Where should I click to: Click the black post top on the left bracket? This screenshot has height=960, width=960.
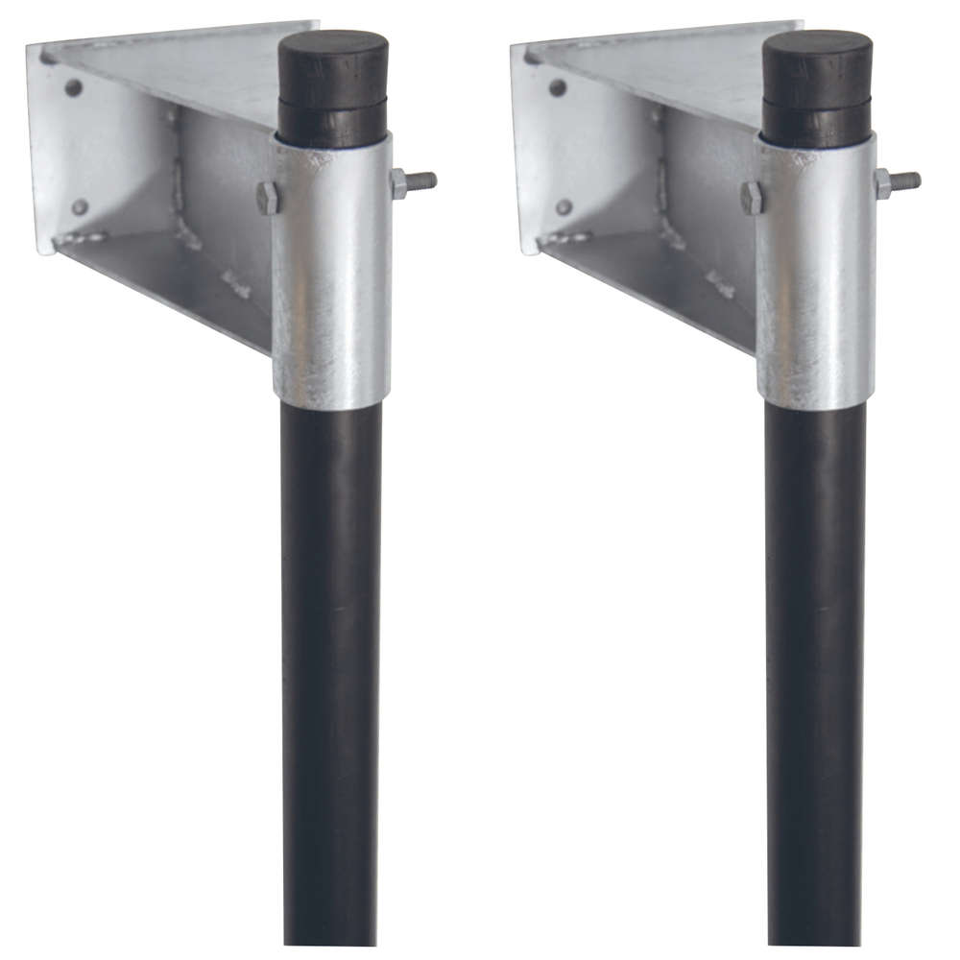[333, 86]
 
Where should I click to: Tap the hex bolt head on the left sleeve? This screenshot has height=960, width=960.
[269, 198]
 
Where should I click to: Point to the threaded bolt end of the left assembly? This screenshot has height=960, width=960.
[422, 180]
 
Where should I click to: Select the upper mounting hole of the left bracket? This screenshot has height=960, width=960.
[73, 87]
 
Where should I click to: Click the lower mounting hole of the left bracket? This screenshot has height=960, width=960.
[80, 206]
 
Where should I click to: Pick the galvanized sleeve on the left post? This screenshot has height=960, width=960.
[331, 278]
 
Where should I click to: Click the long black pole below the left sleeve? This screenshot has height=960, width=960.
[331, 672]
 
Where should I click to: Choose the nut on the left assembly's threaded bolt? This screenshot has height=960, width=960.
[398, 182]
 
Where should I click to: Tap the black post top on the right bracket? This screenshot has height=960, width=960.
[817, 86]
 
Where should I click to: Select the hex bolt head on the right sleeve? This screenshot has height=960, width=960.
[753, 198]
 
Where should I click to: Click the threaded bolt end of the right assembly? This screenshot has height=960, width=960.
[906, 180]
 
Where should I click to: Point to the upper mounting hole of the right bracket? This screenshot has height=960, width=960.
[557, 87]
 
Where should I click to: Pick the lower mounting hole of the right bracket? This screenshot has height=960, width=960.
[564, 206]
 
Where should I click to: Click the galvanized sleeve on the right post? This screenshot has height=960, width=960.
[815, 278]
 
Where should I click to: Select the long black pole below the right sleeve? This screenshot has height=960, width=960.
[815, 672]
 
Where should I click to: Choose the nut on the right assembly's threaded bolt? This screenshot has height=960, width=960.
[882, 182]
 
